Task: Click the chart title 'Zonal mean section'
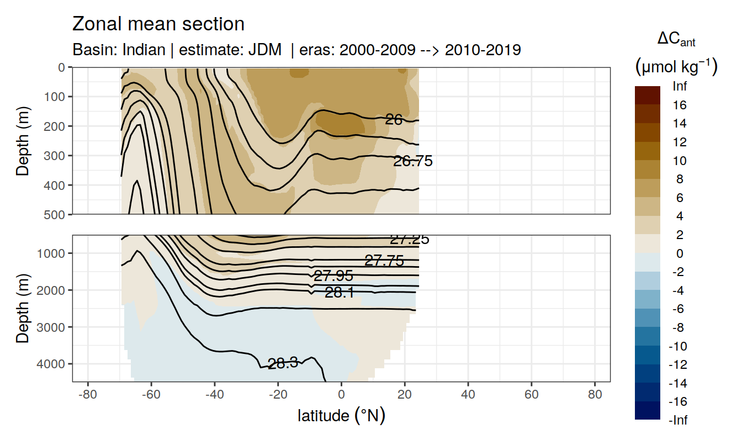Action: point(158,24)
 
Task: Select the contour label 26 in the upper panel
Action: point(394,119)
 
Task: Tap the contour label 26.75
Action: point(412,161)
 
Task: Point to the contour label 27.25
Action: point(409,240)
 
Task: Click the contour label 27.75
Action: point(384,261)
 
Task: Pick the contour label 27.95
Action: point(333,276)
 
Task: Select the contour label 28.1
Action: point(340,293)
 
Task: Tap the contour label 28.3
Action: point(283,363)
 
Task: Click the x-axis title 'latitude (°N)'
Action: point(341,415)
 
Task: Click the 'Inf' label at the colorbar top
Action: point(679,86)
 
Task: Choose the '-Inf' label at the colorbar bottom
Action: point(679,420)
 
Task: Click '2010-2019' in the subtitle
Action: point(483,50)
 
